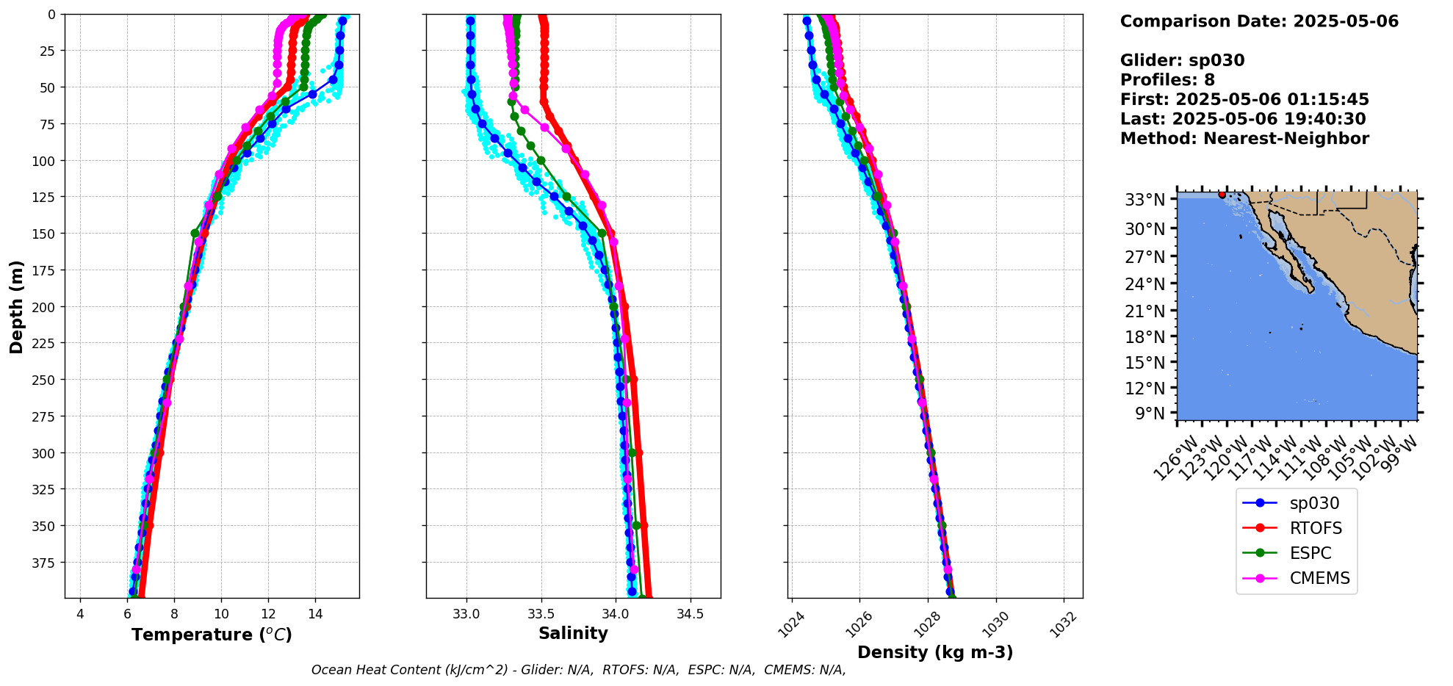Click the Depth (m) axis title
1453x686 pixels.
(16, 306)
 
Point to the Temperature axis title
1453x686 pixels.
(212, 635)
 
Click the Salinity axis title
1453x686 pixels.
(573, 633)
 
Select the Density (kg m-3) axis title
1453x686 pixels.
(935, 652)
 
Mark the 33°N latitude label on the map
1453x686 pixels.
(1145, 200)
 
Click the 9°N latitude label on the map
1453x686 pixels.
(1150, 414)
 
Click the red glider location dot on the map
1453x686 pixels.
(1222, 195)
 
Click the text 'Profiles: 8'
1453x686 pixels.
(1167, 80)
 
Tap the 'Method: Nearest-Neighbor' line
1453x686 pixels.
(1244, 139)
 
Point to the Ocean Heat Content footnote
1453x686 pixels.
(578, 670)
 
